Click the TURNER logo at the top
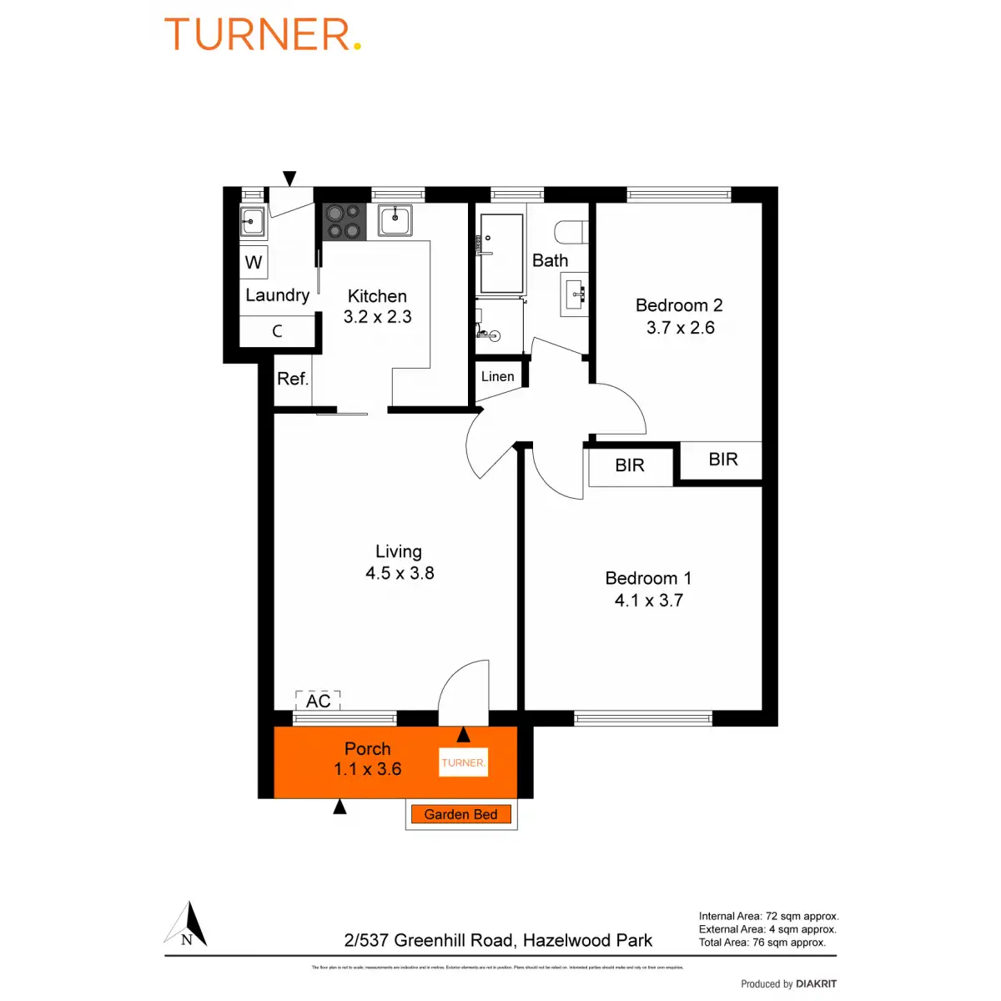(x=263, y=35)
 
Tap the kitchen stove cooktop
(x=344, y=222)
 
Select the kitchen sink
(x=395, y=221)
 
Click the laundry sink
(x=252, y=222)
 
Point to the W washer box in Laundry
(x=254, y=263)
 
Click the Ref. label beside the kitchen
(x=292, y=379)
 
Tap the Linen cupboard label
(x=497, y=376)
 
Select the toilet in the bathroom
(x=573, y=232)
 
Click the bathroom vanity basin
(x=575, y=294)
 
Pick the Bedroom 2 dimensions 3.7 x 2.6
(x=680, y=328)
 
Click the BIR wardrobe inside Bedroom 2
(x=722, y=460)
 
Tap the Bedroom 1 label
(x=648, y=578)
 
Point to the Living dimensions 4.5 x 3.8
(x=400, y=573)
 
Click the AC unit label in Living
(x=318, y=701)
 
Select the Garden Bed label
(x=460, y=814)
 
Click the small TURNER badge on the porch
(x=463, y=762)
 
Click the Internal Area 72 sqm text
(x=768, y=916)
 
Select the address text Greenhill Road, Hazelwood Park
(x=498, y=940)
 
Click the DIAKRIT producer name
(x=816, y=984)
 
